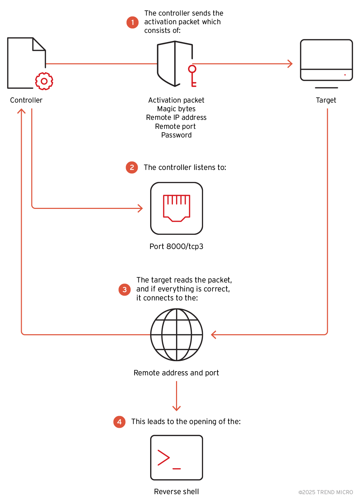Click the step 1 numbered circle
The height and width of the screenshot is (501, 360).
pyautogui.click(x=133, y=22)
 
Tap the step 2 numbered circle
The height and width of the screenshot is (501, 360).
pyautogui.click(x=132, y=167)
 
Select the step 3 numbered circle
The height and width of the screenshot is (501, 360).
pyautogui.click(x=125, y=290)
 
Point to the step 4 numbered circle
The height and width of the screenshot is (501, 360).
pyautogui.click(x=119, y=422)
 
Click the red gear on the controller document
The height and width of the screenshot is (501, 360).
pyautogui.click(x=44, y=81)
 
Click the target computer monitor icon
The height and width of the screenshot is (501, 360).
pyautogui.click(x=326, y=62)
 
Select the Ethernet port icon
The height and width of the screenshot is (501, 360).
pyautogui.click(x=177, y=208)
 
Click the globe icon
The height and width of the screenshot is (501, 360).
pyautogui.click(x=177, y=335)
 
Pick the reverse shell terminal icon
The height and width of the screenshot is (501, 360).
pyautogui.click(x=177, y=457)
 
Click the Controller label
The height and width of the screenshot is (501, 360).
pyautogui.click(x=26, y=100)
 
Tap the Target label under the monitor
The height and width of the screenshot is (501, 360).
pyautogui.click(x=326, y=100)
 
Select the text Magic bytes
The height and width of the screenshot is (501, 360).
pyautogui.click(x=176, y=109)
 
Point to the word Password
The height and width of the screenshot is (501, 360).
pyautogui.click(x=176, y=135)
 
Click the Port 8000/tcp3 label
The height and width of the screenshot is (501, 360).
pyautogui.click(x=176, y=247)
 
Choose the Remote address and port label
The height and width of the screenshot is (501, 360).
pyautogui.click(x=176, y=373)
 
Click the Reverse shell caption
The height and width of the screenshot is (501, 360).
pyautogui.click(x=176, y=492)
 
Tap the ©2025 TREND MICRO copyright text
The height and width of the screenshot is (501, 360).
pyautogui.click(x=325, y=492)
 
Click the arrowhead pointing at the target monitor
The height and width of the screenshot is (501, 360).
pyautogui.click(x=290, y=64)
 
